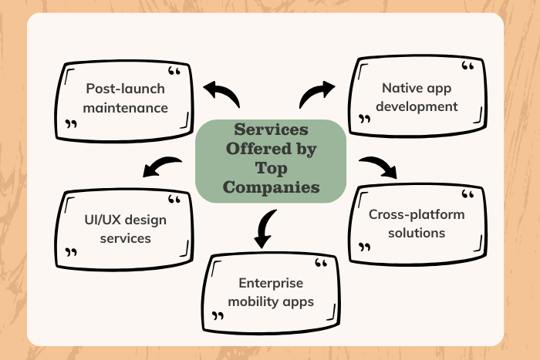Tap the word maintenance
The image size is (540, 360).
127,107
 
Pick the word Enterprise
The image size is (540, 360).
271,282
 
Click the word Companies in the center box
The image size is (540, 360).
270,187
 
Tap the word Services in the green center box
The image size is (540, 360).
270,129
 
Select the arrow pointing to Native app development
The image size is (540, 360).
316,95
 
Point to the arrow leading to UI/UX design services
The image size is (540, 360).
163,165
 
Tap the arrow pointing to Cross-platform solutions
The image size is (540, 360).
378,167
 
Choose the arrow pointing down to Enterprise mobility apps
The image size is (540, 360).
265,228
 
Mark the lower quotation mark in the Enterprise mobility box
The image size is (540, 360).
218,317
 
